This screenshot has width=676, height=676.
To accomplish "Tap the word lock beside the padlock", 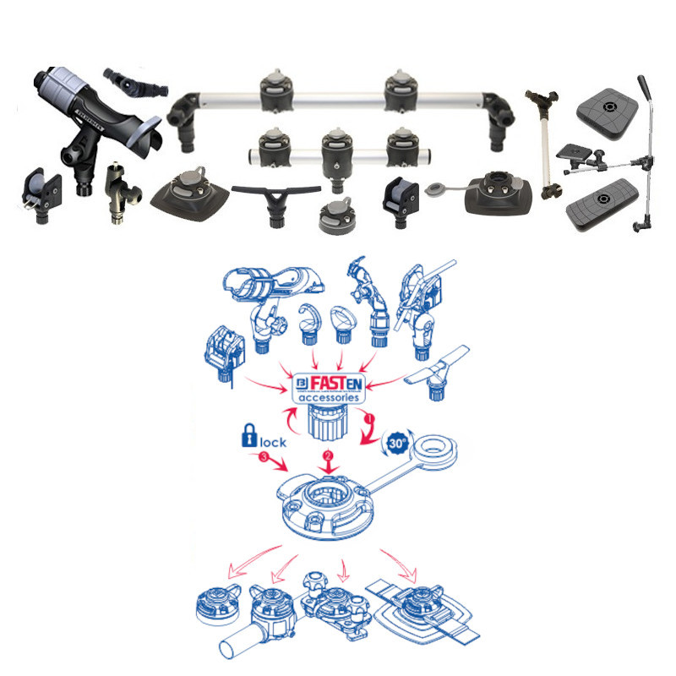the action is click(273, 442).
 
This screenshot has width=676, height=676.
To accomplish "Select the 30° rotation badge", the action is click(397, 443).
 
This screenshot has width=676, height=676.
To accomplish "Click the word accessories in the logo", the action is click(329, 397).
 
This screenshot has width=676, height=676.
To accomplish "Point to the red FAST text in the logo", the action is click(328, 383).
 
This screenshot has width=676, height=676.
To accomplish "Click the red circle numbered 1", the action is click(368, 417).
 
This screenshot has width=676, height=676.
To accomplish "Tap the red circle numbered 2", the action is click(328, 455).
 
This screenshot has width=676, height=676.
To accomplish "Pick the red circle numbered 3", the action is click(264, 456).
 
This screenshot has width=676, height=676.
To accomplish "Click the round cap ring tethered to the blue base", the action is click(435, 452).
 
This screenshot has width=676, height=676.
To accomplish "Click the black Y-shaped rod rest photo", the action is click(276, 203).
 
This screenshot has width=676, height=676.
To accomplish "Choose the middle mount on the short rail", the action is click(336, 157).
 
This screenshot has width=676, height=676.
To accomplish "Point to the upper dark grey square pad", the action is click(607, 114).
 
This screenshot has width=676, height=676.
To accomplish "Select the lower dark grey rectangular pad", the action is click(602, 204).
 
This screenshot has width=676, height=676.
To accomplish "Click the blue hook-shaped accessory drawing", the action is click(308, 324).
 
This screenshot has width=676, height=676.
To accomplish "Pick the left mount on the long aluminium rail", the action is click(276, 92).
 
